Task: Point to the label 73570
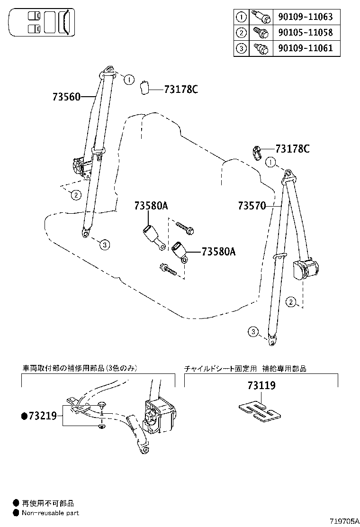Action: [252, 206]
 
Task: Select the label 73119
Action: [261, 386]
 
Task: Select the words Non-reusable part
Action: [50, 513]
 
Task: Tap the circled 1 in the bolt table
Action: [242, 17]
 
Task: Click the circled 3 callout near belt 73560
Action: [105, 245]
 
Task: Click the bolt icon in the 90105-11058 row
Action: [261, 32]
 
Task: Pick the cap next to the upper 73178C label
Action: [145, 88]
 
